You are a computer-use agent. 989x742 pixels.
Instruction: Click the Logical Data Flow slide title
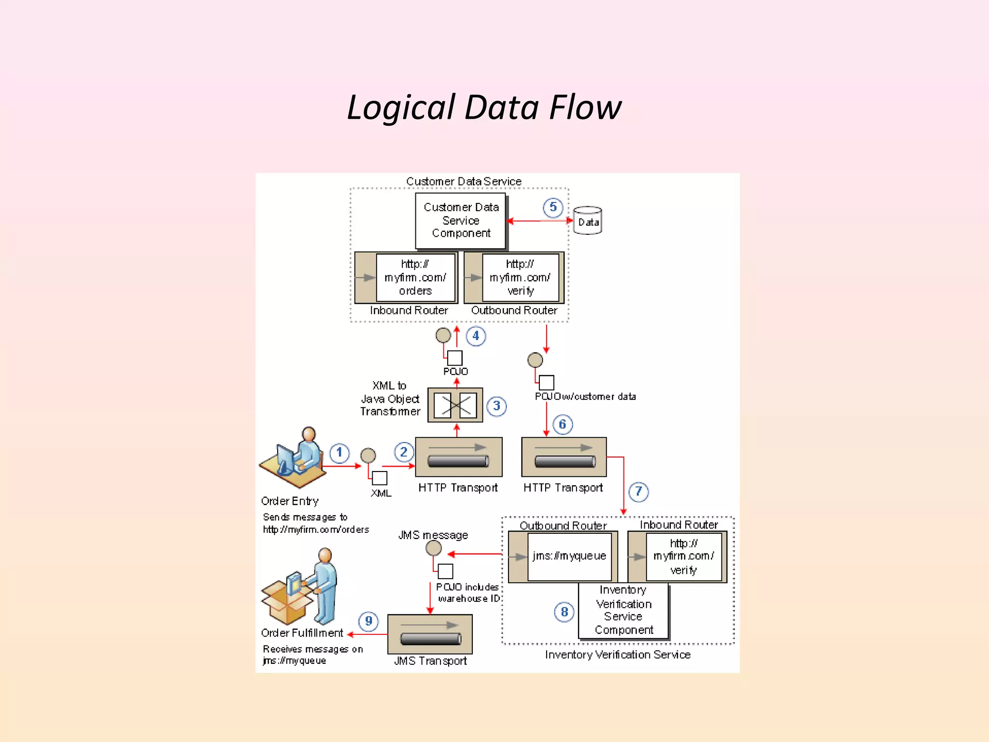coord(484,107)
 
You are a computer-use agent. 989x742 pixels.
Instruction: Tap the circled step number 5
coord(553,208)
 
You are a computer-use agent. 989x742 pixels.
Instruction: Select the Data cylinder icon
coord(588,221)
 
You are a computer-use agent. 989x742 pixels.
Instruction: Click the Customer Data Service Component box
coord(461,221)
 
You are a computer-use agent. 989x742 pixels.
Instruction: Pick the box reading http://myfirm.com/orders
coord(415,278)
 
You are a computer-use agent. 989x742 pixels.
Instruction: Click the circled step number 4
coord(476,336)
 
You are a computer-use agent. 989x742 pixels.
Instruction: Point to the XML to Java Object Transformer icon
coord(455,405)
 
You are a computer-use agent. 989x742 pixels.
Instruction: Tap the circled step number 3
coord(496,406)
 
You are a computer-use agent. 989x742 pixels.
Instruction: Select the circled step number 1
coord(339,453)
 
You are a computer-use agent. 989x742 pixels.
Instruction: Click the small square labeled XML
coord(380,478)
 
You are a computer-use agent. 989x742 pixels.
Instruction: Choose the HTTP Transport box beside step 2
coord(458,457)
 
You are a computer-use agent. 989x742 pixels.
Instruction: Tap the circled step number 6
coord(562,425)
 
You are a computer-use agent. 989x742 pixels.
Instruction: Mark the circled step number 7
coord(638,492)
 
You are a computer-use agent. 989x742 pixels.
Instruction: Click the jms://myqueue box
coord(569,556)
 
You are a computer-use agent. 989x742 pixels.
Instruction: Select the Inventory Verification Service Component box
coord(623,611)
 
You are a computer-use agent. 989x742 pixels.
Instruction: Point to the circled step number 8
coord(564,612)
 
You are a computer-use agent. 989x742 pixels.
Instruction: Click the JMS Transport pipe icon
coord(430,634)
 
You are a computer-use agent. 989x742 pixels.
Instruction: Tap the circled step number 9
coord(368,621)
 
